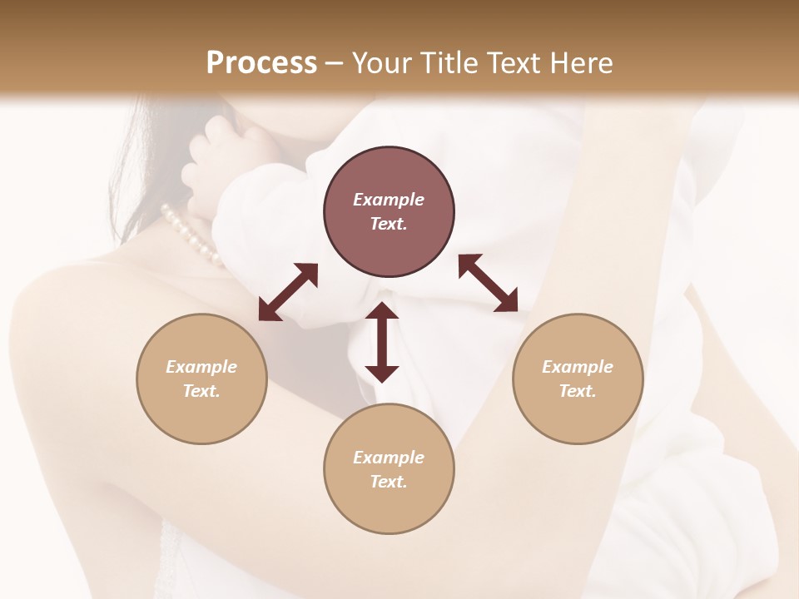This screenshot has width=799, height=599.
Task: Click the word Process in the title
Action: click(x=261, y=63)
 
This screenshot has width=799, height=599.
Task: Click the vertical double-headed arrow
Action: click(x=382, y=342)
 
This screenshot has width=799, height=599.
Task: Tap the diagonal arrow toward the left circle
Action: click(x=288, y=292)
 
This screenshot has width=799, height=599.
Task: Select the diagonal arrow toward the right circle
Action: click(x=489, y=283)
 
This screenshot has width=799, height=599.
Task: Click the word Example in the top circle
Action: click(x=389, y=200)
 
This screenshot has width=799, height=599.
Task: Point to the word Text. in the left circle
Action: click(x=201, y=391)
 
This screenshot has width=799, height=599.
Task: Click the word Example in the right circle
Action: click(x=578, y=367)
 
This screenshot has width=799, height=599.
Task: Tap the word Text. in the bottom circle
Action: click(x=389, y=482)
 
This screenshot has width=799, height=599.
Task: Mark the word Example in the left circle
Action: click(x=201, y=367)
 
